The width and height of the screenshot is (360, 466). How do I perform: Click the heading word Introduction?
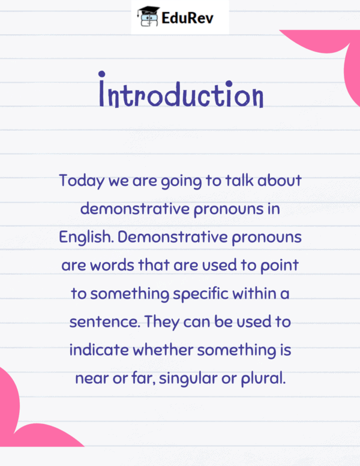point(181,90)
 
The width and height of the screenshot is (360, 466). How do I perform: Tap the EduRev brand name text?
point(188,18)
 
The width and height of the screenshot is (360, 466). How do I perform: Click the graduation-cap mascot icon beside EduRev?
point(148,17)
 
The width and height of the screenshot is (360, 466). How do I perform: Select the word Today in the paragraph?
point(82,181)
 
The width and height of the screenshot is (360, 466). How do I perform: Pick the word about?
point(280,181)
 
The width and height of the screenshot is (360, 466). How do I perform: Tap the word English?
point(86,237)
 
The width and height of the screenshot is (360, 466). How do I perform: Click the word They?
point(162,322)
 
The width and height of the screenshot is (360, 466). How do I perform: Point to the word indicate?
point(99,350)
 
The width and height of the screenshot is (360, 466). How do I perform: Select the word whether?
point(163,350)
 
